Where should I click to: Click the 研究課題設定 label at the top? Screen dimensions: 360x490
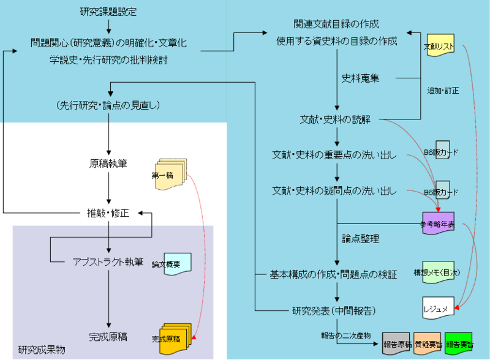click(x=108, y=12)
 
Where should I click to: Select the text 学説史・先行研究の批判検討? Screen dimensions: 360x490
click(x=108, y=60)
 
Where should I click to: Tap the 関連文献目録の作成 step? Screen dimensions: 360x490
click(x=336, y=24)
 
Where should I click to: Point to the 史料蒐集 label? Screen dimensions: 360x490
click(x=360, y=78)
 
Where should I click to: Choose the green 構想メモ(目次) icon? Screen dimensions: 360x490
click(x=437, y=271)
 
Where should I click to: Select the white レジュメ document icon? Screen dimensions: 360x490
click(x=438, y=307)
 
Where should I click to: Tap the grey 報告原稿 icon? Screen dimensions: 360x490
click(x=396, y=344)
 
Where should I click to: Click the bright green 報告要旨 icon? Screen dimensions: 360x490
click(x=459, y=344)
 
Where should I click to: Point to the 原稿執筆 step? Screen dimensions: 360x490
click(x=108, y=164)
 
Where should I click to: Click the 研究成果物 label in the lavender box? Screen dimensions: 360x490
click(x=42, y=350)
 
